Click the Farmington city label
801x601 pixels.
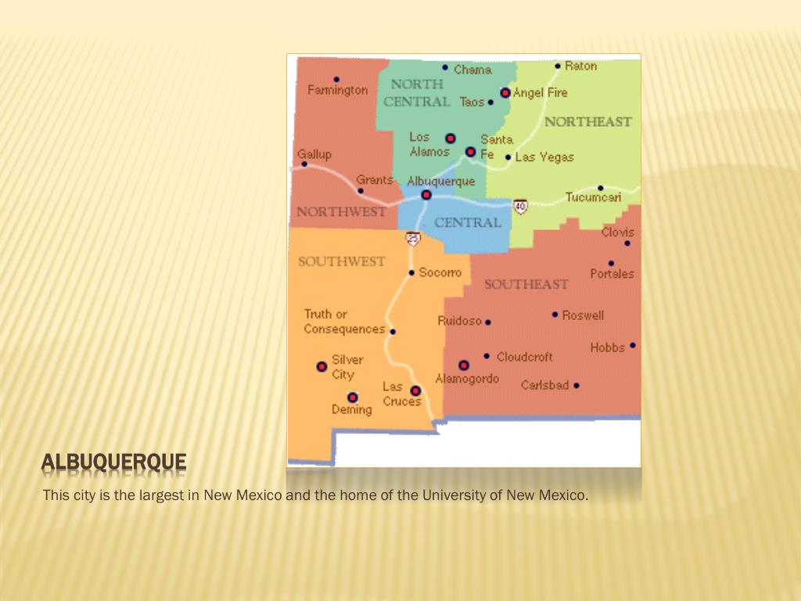(337, 90)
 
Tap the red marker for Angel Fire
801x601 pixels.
(505, 92)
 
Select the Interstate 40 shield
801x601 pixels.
(520, 206)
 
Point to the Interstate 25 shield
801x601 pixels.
(413, 238)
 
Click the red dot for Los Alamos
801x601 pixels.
(450, 138)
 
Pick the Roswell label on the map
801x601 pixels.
(583, 315)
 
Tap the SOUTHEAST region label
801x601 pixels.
(526, 284)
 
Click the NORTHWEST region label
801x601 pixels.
(341, 212)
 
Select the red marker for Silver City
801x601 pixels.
(321, 366)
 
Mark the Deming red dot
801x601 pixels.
(353, 398)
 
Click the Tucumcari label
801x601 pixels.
(593, 197)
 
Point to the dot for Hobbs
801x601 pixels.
(632, 345)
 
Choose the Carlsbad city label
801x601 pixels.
(544, 385)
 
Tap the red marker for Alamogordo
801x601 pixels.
(464, 365)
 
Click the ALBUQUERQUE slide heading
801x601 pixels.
(114, 463)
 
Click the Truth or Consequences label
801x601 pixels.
(344, 322)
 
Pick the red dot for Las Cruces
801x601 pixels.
(415, 390)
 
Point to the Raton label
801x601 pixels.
(580, 66)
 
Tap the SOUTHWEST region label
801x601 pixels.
(341, 261)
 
